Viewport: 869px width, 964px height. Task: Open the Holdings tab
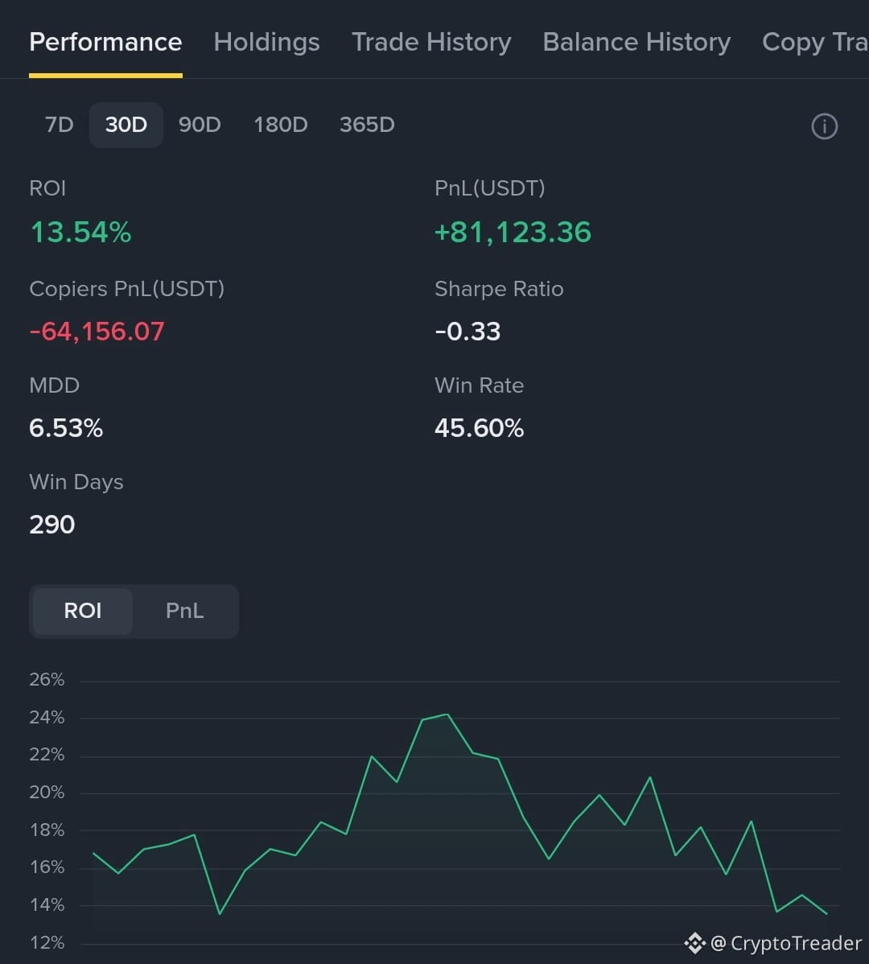(266, 43)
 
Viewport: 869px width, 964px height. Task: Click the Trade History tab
(431, 43)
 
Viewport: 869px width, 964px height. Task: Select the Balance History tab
(636, 43)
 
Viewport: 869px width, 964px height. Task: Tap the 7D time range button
(59, 125)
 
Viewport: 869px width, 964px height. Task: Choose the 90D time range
(200, 125)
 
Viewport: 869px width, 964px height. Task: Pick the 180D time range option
(281, 125)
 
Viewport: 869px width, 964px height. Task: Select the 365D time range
(367, 125)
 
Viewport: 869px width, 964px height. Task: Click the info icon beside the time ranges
(824, 126)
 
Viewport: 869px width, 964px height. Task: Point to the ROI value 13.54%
(80, 233)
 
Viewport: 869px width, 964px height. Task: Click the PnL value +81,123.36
(513, 233)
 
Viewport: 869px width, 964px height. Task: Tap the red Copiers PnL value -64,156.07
(97, 332)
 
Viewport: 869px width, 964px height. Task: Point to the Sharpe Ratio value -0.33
(467, 332)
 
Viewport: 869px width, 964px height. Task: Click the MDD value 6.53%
(66, 428)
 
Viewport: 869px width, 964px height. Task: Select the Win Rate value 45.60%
(479, 428)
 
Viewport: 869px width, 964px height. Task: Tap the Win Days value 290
(52, 525)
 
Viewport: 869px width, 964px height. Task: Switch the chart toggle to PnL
(184, 611)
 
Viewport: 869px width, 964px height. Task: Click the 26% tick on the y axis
(47, 679)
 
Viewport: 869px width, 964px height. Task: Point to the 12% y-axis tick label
(47, 942)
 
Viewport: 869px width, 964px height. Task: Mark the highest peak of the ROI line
(447, 715)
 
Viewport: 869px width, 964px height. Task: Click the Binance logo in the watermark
(695, 943)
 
